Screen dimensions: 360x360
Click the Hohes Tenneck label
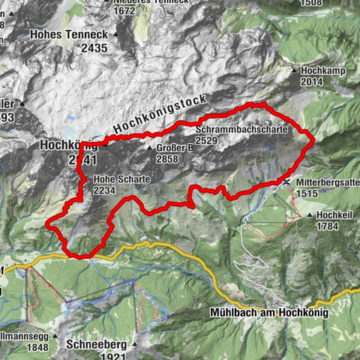pos(67,34)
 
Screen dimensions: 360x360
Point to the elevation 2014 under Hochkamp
pos(315,82)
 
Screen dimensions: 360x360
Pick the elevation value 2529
pos(207,140)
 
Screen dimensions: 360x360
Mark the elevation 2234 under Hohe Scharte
pos(107,191)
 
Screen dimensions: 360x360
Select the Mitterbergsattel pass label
pos(328,182)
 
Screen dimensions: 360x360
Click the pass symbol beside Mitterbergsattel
pos(287,181)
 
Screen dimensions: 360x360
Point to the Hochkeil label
pos(333,214)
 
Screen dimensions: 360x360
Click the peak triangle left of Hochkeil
pos(310,215)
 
